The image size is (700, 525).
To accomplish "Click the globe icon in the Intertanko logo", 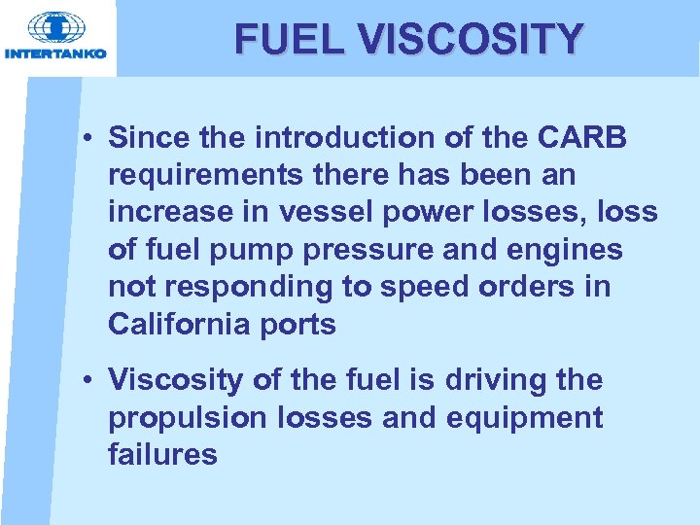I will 55,27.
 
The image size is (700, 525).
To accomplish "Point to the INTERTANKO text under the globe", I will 55,53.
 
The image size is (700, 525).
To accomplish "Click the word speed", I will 430,287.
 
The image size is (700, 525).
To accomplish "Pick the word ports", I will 300,324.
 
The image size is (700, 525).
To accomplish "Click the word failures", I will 163,454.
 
